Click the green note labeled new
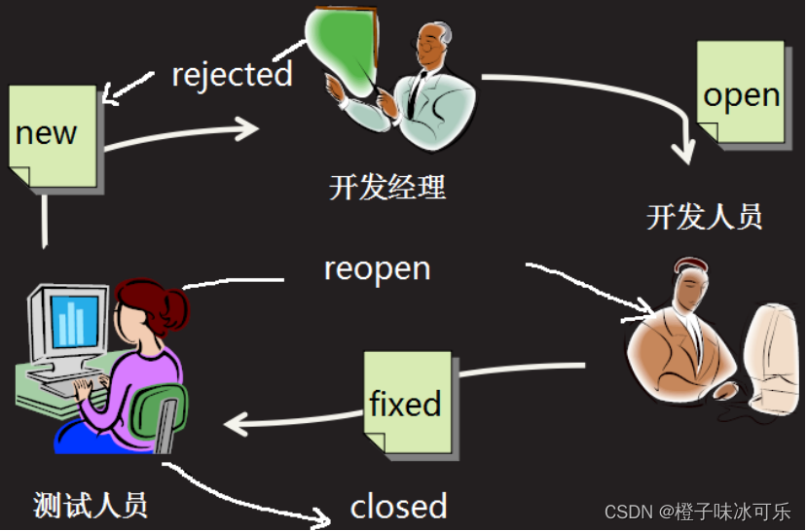(54, 136)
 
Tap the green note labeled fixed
(407, 403)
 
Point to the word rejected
(232, 74)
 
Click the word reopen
(377, 267)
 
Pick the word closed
(398, 506)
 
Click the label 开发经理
(387, 186)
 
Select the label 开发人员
(704, 216)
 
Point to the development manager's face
(433, 44)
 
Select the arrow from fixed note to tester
(292, 419)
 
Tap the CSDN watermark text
(697, 512)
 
